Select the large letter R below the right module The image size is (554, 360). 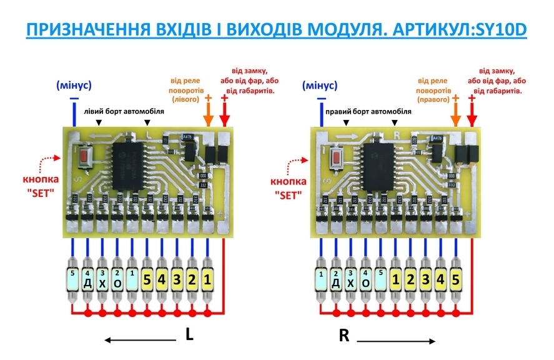point(344,336)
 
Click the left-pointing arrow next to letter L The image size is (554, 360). point(140,340)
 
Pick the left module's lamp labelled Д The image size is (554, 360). point(87,282)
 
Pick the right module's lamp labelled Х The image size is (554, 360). point(350,282)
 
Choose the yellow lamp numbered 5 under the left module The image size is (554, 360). point(147,281)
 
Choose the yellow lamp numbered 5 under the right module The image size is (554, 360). point(457,281)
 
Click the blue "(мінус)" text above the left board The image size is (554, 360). point(74,85)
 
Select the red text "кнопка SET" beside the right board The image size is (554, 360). point(287,188)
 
